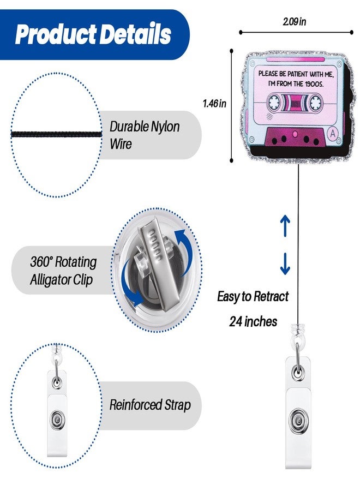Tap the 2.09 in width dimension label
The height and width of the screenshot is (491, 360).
click(x=294, y=22)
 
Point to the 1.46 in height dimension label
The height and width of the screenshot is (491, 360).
click(x=214, y=103)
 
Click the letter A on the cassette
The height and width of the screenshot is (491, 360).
click(x=332, y=133)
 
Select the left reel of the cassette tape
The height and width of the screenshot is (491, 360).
click(x=274, y=102)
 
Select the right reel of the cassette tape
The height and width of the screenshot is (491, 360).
click(x=316, y=103)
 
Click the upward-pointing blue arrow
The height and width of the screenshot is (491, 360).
click(x=285, y=225)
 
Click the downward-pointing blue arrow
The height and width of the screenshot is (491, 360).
click(x=285, y=264)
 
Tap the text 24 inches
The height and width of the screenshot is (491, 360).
click(x=253, y=321)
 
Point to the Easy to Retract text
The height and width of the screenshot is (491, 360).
click(x=253, y=296)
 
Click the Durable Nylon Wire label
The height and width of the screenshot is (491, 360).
click(x=145, y=135)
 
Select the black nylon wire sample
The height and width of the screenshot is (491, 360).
click(x=57, y=134)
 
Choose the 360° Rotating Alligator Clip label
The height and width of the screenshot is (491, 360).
click(x=63, y=270)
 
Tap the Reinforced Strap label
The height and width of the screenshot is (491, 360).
click(x=150, y=405)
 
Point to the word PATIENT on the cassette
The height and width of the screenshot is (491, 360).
click(x=298, y=74)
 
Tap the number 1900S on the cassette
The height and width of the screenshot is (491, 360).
click(x=314, y=84)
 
